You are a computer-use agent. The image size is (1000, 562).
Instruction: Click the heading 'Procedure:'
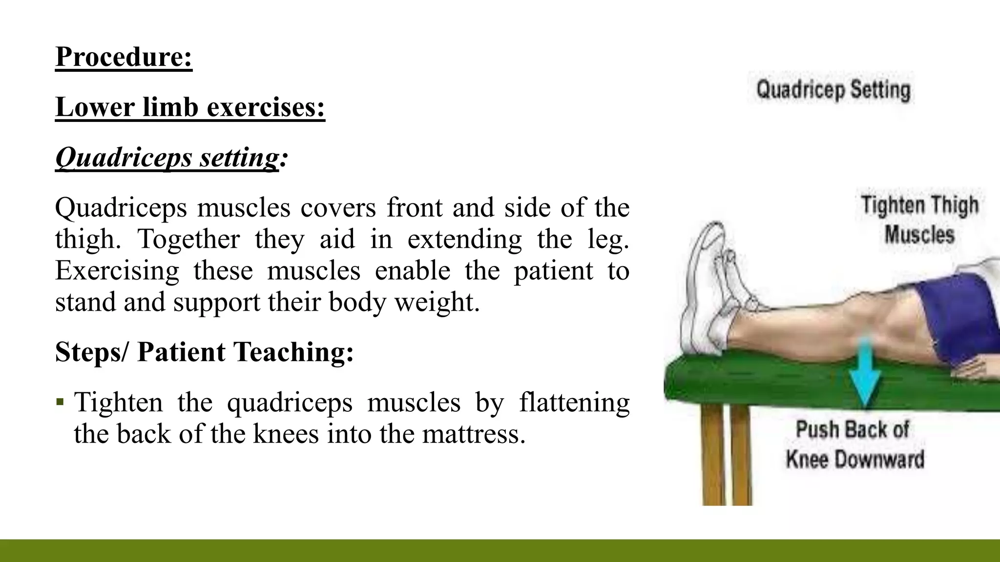pyautogui.click(x=124, y=57)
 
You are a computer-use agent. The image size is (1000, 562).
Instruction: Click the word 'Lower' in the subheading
pyautogui.click(x=95, y=107)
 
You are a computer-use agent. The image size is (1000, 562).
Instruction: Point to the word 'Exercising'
pyautogui.click(x=117, y=271)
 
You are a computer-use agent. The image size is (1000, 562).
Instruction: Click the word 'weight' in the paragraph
pyautogui.click(x=434, y=302)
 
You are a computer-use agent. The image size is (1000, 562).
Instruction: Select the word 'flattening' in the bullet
pyautogui.click(x=574, y=403)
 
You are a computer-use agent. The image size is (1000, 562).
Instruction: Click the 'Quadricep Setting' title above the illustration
pyautogui.click(x=833, y=91)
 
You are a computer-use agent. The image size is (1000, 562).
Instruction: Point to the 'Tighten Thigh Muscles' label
pyautogui.click(x=919, y=220)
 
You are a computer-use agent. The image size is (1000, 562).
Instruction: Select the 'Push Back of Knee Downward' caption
pyautogui.click(x=854, y=444)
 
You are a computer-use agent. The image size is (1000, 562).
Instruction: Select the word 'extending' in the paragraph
pyautogui.click(x=464, y=239)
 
